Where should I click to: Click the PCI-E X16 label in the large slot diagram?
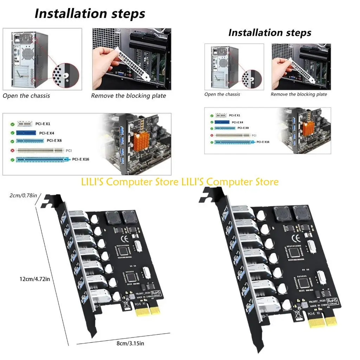pyautogui.click(x=81, y=159)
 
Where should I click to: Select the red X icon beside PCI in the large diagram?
pyautogui.click(x=12, y=150)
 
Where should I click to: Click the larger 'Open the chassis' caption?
pyautogui.click(x=26, y=96)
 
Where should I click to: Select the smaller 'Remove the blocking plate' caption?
pyautogui.click(x=299, y=94)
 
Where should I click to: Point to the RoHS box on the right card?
pyautogui.click(x=332, y=301)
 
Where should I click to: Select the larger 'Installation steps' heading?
pyautogui.click(x=90, y=14)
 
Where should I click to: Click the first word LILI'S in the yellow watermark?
pyautogui.click(x=92, y=182)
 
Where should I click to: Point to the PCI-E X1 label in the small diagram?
pyautogui.click(x=234, y=115)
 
